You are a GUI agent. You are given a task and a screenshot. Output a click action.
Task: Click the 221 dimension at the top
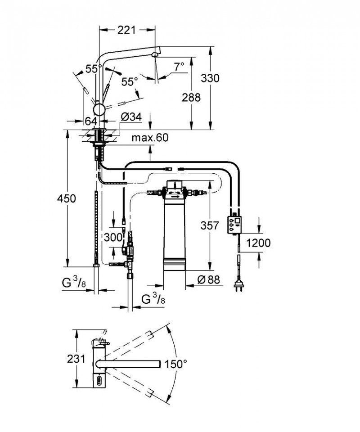click(x=126, y=30)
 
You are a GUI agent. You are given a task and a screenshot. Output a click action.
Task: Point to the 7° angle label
click(x=179, y=67)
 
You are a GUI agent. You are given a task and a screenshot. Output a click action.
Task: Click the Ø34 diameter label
click(x=131, y=117)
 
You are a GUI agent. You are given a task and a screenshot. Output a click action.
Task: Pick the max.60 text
click(x=150, y=138)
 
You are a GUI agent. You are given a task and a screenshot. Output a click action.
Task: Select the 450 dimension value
click(x=66, y=198)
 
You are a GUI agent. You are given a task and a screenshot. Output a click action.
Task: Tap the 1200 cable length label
click(x=259, y=243)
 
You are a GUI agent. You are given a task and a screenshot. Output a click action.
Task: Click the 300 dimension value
click(x=112, y=237)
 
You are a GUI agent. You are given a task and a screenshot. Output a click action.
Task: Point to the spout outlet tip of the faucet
click(x=154, y=55)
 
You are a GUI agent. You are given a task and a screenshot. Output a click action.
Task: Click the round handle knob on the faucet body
click(x=99, y=110)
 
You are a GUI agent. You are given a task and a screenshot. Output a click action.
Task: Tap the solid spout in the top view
click(x=135, y=363)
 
